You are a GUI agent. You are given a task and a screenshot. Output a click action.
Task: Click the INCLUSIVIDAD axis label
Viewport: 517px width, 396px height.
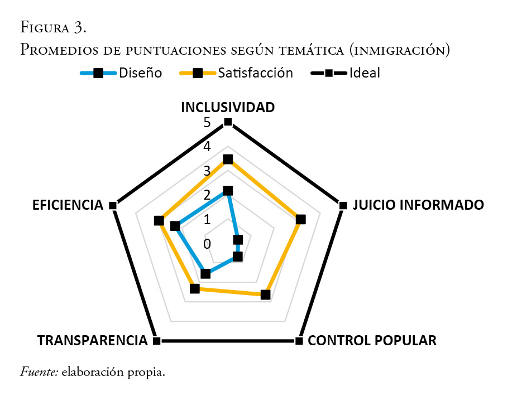point(227,107)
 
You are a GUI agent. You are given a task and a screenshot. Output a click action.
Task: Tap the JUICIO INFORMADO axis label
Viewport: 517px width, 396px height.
point(418,205)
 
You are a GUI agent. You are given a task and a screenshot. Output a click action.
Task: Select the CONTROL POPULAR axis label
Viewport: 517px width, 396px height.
point(372,340)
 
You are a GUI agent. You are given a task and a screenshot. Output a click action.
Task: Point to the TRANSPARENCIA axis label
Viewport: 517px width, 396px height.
point(92,340)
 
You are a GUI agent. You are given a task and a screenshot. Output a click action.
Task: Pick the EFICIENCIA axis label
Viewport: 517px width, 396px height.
point(68,205)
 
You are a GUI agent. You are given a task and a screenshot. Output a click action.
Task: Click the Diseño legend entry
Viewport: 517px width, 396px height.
point(122,73)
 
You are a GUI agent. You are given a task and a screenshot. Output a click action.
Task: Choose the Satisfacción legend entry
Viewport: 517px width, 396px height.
point(236,73)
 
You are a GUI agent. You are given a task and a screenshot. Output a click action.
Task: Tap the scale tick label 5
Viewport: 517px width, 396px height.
point(207,123)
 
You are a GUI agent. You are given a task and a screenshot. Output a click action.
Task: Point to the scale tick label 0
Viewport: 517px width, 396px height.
point(207,244)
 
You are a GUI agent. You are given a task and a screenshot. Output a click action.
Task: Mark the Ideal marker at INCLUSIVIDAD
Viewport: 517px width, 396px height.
point(227,122)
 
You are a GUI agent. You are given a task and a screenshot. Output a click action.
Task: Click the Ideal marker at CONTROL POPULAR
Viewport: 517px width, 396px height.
point(299,340)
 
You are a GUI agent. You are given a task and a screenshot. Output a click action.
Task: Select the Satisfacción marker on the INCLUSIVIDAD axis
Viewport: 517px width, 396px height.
point(227,160)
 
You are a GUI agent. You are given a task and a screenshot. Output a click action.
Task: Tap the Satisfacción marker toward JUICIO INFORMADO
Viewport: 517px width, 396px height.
point(301,219)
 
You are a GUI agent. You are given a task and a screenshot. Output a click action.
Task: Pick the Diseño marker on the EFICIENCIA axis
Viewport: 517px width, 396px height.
point(175,226)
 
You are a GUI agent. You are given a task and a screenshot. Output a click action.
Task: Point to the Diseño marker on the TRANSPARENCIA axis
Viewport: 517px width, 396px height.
point(205,273)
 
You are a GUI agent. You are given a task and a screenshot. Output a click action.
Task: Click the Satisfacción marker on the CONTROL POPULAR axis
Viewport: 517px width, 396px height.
point(266,294)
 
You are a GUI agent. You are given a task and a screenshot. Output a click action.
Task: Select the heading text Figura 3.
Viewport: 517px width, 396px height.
point(53,27)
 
